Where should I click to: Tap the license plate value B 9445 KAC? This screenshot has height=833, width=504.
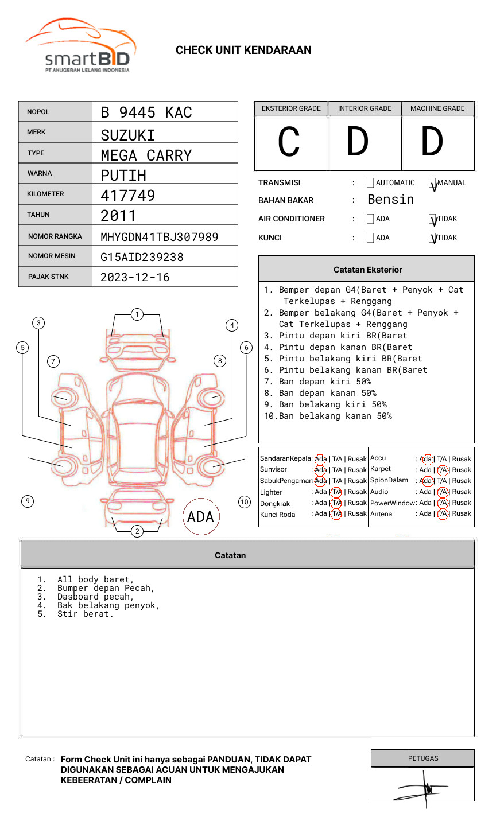click(146, 112)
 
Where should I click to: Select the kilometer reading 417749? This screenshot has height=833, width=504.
click(127, 195)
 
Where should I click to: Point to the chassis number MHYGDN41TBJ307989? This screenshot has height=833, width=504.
click(159, 236)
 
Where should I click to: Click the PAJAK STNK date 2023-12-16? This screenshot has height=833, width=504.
click(135, 277)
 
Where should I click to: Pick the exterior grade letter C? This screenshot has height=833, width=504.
click(289, 142)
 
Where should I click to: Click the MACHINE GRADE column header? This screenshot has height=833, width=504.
click(437, 108)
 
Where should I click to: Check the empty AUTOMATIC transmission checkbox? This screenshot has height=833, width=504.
click(370, 183)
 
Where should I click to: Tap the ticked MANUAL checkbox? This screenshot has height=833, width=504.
click(433, 184)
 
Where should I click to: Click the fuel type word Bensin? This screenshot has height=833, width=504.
click(390, 199)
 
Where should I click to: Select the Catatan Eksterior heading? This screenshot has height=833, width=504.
click(367, 270)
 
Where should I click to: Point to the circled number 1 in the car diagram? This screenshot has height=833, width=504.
click(137, 314)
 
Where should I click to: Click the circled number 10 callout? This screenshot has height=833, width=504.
click(245, 502)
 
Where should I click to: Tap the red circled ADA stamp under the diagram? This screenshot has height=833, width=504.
click(200, 517)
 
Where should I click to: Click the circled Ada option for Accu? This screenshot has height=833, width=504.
click(427, 459)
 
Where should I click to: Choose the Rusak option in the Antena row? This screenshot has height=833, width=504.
click(462, 513)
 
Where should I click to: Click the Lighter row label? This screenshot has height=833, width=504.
click(271, 492)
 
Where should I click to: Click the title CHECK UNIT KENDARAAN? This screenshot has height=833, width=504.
click(243, 50)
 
